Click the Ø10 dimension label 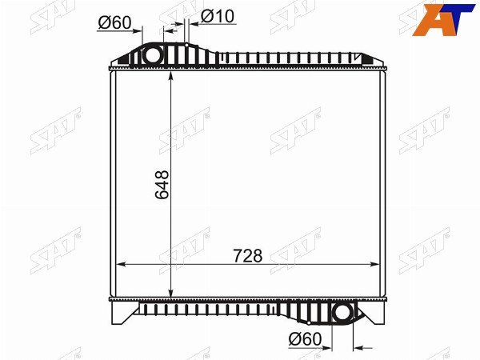(218, 16)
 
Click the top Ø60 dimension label (114, 22)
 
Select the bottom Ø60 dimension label (306, 339)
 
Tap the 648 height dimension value (162, 185)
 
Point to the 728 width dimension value (248, 256)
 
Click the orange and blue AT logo (443, 19)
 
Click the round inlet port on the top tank (152, 56)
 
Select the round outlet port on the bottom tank (343, 313)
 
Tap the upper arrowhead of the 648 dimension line (171, 75)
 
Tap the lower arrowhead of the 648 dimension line (171, 292)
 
